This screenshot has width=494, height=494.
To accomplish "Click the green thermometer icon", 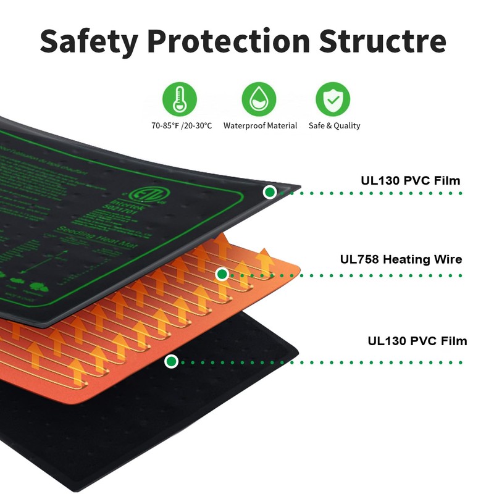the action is point(179,99).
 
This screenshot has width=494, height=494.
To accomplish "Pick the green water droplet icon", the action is point(259,99).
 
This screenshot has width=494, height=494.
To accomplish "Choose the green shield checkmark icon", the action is point(333,99).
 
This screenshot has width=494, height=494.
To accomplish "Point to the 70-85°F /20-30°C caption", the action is point(182,125).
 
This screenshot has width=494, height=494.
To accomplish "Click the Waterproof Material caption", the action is point(260,125).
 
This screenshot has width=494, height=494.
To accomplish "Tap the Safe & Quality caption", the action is point(334,125).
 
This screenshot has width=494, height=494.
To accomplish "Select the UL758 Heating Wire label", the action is point(401,259).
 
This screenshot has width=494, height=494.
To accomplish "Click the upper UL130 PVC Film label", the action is point(410,181).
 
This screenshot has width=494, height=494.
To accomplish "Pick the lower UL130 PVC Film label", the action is point(417,341).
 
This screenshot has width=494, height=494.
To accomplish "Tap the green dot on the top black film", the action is point(269,192).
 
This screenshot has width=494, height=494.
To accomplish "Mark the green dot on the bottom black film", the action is point(172,361).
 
